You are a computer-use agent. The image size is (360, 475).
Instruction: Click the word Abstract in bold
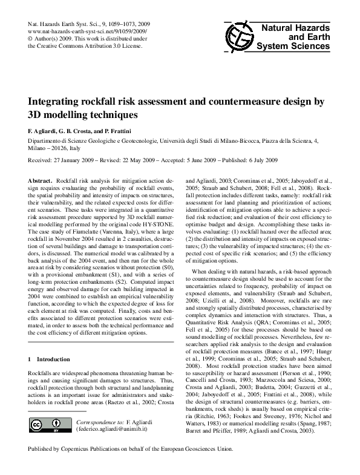pos(40,182)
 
